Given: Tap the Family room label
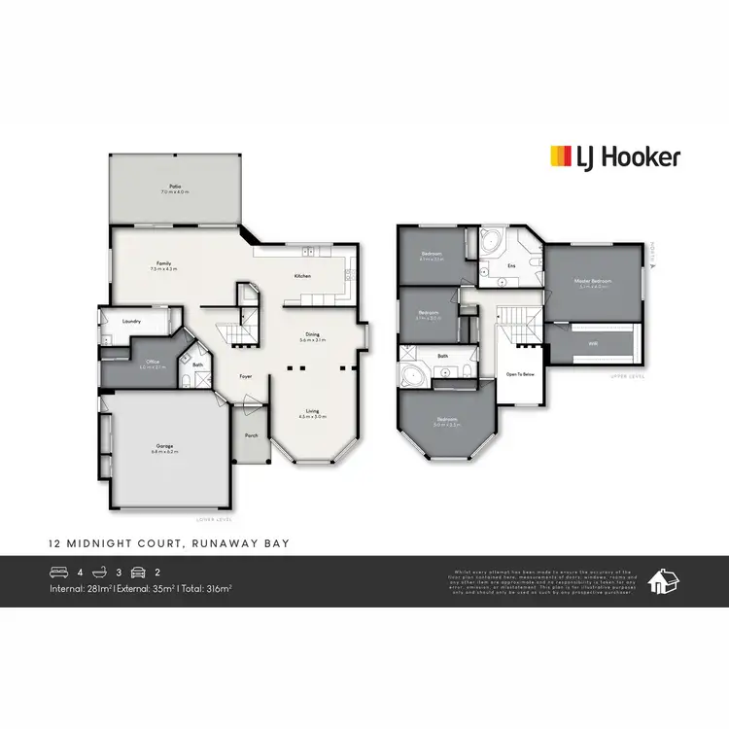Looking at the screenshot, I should pos(165,263).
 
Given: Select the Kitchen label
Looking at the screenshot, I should pos(302,277).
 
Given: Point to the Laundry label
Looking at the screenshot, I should pos(132,321).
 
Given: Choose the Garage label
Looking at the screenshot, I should pos(162,446).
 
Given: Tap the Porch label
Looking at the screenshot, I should pos(251,435).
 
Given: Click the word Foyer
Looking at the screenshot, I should pos(247,376).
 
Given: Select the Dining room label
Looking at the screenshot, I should pos(310,335).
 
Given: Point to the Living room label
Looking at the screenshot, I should pos(312,411).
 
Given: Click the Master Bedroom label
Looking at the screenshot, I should pos(592,281).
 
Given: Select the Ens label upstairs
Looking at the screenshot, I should pos(511,265).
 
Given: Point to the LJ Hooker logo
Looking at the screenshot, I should pos(615,156).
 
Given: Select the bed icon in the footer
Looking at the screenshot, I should pos(61,572).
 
